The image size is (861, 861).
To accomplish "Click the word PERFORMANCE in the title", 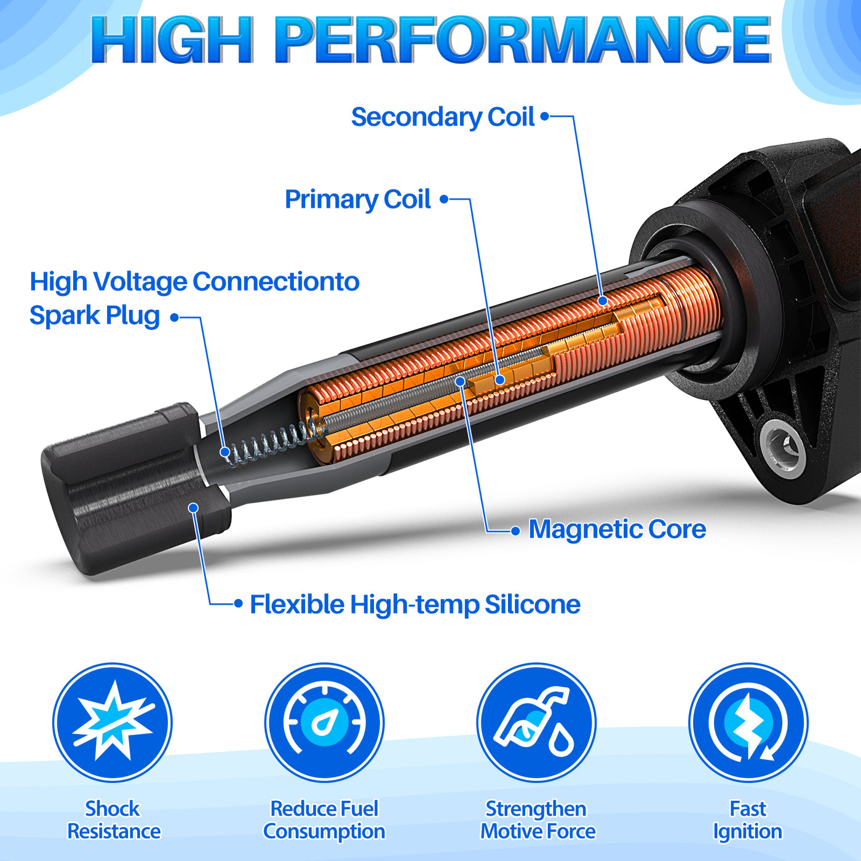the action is (523, 40).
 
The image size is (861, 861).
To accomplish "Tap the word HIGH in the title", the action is (172, 40).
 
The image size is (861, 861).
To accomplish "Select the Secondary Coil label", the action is (442, 117).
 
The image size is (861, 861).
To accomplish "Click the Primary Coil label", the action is (357, 199).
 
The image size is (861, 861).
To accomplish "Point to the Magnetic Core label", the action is (617, 530).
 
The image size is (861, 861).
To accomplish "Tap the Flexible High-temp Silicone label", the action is (415, 605).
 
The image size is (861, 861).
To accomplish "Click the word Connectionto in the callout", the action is (276, 282).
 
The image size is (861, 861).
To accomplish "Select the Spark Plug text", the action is (95, 316).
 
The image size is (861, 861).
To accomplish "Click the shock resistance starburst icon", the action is (112, 723).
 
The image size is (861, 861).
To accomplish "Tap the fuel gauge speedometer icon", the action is (324, 723).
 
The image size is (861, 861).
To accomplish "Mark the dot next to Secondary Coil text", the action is (544, 116).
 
